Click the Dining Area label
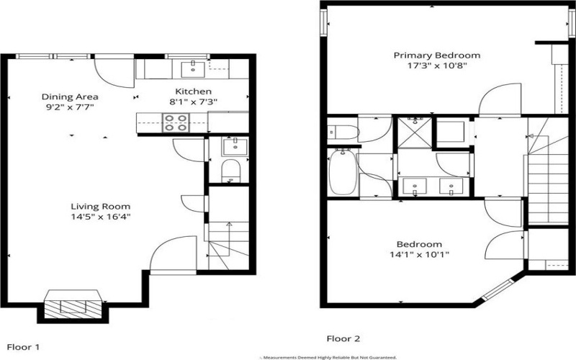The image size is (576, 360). [x=70, y=96]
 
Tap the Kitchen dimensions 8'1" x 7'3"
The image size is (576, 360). [x=193, y=102]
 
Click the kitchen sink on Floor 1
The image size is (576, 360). [x=192, y=68]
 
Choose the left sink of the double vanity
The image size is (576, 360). [x=416, y=187]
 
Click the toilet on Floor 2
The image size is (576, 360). [x=340, y=132]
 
